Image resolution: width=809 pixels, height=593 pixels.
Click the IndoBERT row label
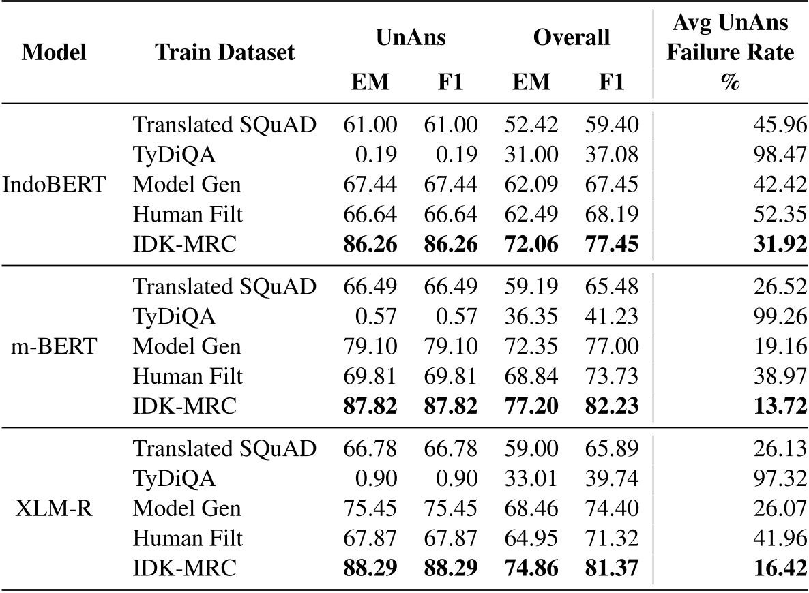coord(54,185)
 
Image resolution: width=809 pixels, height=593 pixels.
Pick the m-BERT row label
coord(54,346)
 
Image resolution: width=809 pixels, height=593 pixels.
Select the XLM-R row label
coord(54,508)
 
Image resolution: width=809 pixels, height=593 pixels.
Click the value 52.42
coord(531,125)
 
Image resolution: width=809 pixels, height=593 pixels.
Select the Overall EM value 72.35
coord(531,346)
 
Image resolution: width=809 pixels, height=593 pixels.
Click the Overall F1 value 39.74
coord(611,478)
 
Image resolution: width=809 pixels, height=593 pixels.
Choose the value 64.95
coord(531,538)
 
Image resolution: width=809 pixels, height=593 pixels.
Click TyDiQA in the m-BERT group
coord(175,317)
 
